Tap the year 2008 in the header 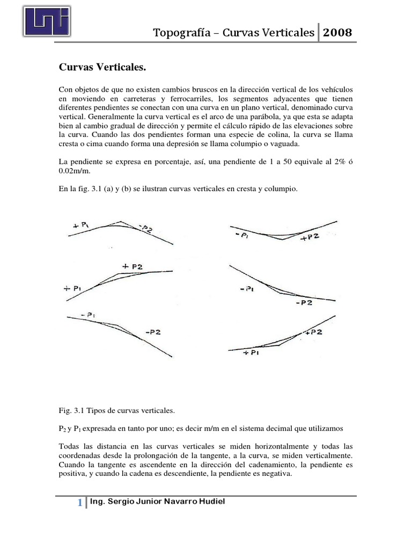tap(337, 33)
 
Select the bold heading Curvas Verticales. tap(101, 68)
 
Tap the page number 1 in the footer tap(79, 503)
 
